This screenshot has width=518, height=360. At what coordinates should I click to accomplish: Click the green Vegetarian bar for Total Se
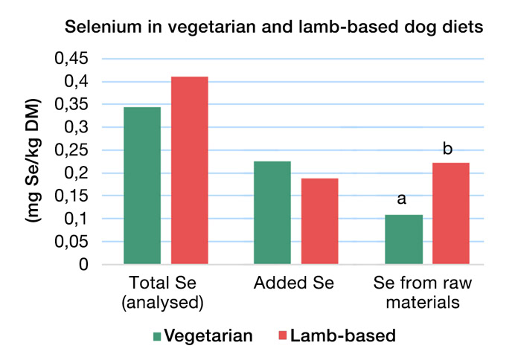pyautogui.click(x=142, y=186)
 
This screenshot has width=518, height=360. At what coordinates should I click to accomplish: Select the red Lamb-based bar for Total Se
pyautogui.click(x=190, y=170)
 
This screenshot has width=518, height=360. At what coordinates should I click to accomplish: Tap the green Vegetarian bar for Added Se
pyautogui.click(x=272, y=213)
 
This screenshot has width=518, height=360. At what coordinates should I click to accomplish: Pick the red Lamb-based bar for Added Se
pyautogui.click(x=319, y=222)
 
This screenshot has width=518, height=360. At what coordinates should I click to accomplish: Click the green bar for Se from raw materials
pyautogui.click(x=403, y=240)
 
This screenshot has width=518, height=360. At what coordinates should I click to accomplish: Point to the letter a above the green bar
pyautogui.click(x=403, y=199)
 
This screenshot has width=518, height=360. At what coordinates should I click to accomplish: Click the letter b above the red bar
pyautogui.click(x=447, y=149)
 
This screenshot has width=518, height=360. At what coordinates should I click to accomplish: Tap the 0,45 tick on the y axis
pyautogui.click(x=71, y=59)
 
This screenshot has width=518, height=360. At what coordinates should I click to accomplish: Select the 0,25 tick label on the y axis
pyautogui.click(x=71, y=150)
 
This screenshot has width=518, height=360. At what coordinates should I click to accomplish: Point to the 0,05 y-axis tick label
pyautogui.click(x=71, y=242)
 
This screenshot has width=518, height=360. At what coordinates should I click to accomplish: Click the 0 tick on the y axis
pyautogui.click(x=83, y=265)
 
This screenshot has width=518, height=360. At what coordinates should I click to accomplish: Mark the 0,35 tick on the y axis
pyautogui.click(x=71, y=104)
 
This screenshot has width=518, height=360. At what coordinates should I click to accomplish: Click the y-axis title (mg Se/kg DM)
pyautogui.click(x=32, y=161)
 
